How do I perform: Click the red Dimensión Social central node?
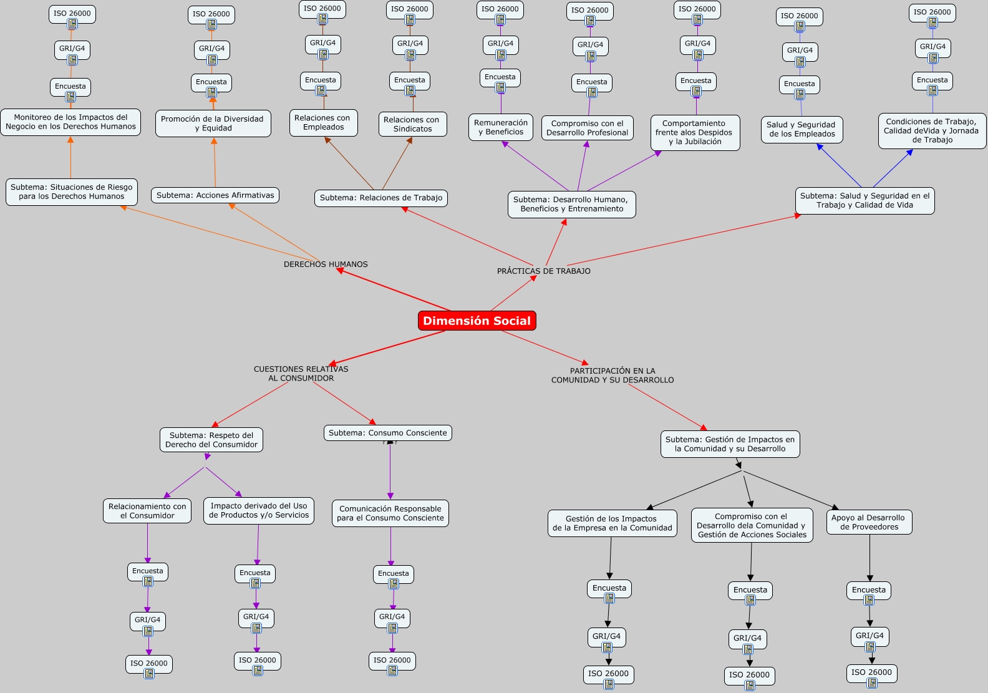[x=477, y=321]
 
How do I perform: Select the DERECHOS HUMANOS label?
[x=326, y=264]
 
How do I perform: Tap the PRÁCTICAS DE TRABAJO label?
[x=543, y=271]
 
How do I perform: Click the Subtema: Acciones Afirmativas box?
[x=215, y=195]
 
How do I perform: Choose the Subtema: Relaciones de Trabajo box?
[x=381, y=198]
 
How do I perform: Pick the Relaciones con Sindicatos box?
[x=412, y=124]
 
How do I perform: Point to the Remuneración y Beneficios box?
[x=501, y=127]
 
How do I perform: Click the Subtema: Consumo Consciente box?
[x=387, y=433]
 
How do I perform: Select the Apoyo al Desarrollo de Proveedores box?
[x=869, y=522]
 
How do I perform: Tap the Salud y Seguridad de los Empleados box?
[x=802, y=129]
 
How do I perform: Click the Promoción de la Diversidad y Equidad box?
[x=213, y=124]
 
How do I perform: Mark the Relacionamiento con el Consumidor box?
[x=147, y=511]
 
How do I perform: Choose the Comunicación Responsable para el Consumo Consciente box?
[x=390, y=513]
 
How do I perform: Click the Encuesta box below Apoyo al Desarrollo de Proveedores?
[x=868, y=589]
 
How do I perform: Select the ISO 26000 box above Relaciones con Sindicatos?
[x=409, y=9]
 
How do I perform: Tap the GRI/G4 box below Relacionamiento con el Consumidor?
[x=148, y=619]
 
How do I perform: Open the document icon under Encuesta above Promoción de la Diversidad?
[x=212, y=93]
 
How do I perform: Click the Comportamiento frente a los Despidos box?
[x=695, y=132]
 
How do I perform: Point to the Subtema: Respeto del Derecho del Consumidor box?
[x=211, y=440]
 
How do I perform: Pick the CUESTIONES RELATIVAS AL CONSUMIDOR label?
[x=301, y=374]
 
